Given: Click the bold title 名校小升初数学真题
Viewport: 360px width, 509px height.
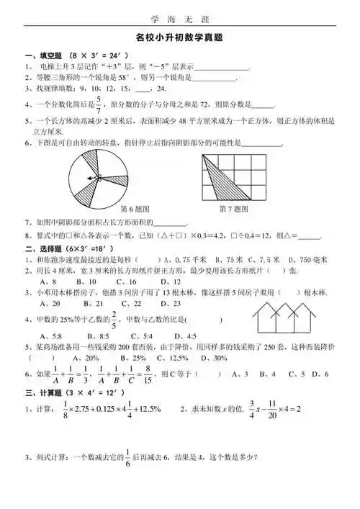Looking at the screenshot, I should [x=179, y=41].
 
